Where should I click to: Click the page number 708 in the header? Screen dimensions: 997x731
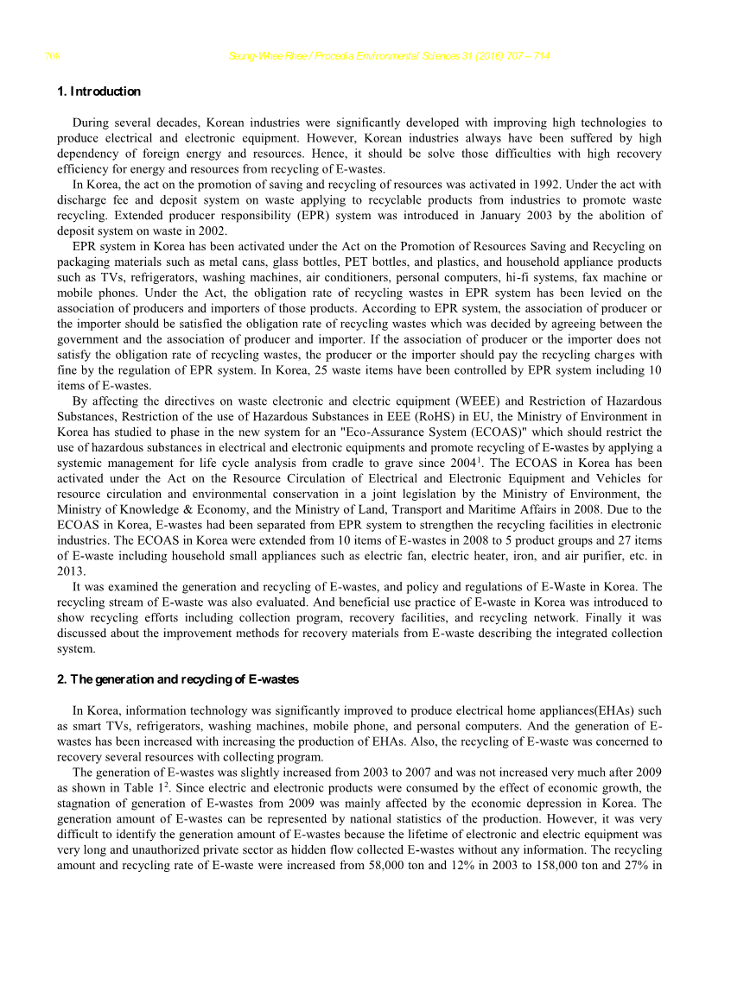click(52, 57)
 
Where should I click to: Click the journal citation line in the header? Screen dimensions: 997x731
click(389, 57)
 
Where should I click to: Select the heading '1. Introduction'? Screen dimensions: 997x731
click(99, 91)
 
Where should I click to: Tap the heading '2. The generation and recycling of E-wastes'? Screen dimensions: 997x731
click(177, 679)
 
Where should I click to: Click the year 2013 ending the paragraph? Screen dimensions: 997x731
click(70, 571)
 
